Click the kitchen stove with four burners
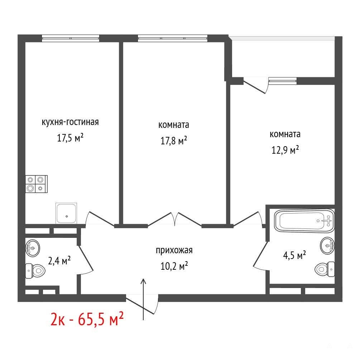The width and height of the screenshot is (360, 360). point(37,184)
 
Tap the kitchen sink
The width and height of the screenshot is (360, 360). point(66,213)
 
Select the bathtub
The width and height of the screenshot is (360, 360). point(304,221)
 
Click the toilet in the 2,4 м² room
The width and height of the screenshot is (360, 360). point(35,271)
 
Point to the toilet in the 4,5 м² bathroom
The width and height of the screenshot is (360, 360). point(325,269)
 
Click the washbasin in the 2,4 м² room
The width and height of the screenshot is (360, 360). point(33,248)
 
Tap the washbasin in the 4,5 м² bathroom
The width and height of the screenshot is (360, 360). point(327,246)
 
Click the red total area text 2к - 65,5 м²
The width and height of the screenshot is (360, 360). point(87,319)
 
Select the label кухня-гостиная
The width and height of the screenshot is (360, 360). point(70,122)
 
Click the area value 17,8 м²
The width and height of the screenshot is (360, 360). point(174,140)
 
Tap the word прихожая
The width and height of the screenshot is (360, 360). point(174,250)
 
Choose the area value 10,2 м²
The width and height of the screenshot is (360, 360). point(174,266)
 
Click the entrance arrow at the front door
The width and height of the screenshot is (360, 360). point(144,299)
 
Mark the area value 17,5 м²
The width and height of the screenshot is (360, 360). point(70,138)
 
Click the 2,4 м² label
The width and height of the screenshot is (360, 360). point(59,260)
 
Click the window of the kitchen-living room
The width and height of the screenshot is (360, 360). point(71,38)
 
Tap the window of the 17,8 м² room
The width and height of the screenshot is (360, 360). point(173,38)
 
